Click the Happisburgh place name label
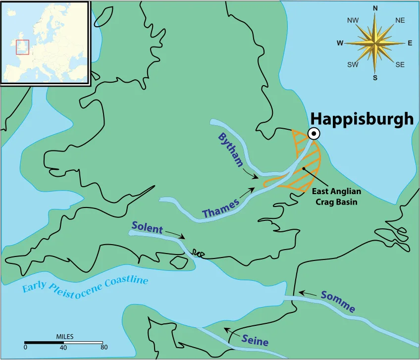pos(362,119)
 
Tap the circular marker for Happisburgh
pos(313,134)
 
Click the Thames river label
pos(221,207)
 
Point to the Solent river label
pos(147,228)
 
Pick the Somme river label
pos(338,301)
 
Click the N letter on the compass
pos(375,8)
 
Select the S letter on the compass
pos(375,77)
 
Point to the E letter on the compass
pos(410,43)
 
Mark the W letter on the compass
pos(340,43)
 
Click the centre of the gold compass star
pos(375,43)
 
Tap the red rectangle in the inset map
pos(22,47)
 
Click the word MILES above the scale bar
pos(65,337)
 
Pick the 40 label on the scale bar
pos(63,347)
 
